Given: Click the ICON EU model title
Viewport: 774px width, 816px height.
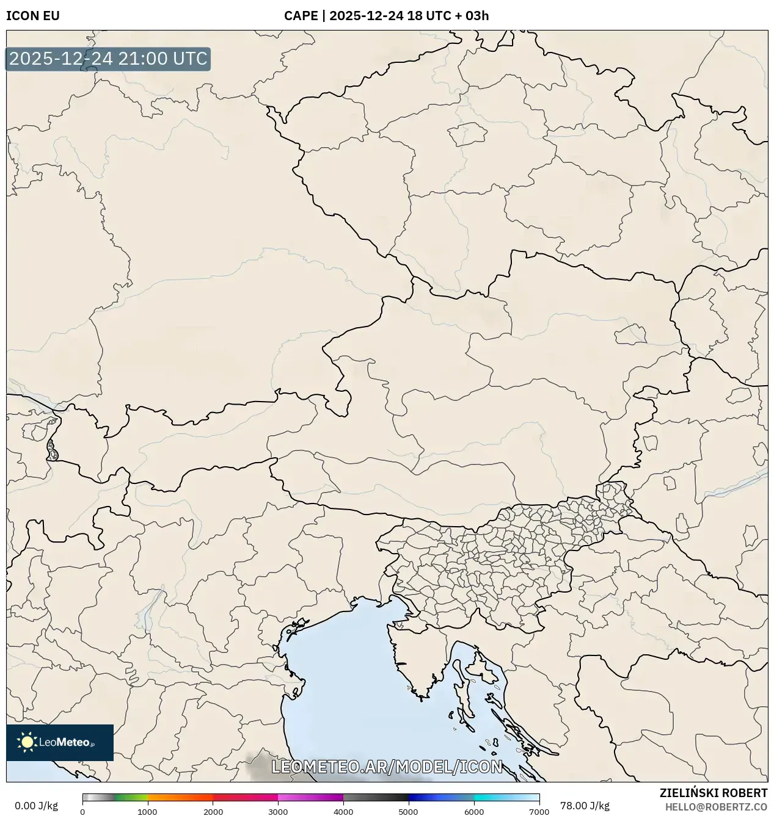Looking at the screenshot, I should pos(33,16).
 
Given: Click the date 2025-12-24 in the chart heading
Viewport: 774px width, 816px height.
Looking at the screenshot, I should pos(367,16).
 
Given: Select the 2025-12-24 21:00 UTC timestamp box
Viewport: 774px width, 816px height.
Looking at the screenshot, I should pos(108,59).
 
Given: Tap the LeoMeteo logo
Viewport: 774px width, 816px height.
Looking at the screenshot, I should pos(60,742).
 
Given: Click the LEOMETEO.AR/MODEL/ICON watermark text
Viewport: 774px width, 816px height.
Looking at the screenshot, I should pos(387,767).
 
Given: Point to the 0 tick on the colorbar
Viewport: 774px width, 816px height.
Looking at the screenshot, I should pos(82,812).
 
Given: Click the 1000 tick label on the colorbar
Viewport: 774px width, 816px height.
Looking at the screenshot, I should pos(147,812).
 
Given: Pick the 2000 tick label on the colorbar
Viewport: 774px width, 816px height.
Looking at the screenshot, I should pos(213,812).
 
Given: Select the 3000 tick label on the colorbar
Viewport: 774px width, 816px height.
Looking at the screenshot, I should pos(278,812).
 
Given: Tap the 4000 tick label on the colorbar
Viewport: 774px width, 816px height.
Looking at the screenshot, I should pos(343,812).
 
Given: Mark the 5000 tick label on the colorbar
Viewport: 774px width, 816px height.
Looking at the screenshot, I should pos(409,812).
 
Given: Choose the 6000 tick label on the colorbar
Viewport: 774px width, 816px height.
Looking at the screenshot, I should pos(474,812).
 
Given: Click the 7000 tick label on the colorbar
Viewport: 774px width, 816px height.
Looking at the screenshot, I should pos(539,812).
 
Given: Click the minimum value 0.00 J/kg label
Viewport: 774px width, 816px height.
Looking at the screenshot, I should pos(36,806).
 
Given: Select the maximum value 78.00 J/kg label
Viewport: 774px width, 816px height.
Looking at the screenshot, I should pos(585,806).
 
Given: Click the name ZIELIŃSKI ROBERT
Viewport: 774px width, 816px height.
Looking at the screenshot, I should pos(713,793).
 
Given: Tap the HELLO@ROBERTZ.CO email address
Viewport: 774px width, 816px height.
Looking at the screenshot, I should pos(716,807).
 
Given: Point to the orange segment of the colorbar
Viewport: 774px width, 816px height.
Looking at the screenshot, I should pos(177,797).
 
